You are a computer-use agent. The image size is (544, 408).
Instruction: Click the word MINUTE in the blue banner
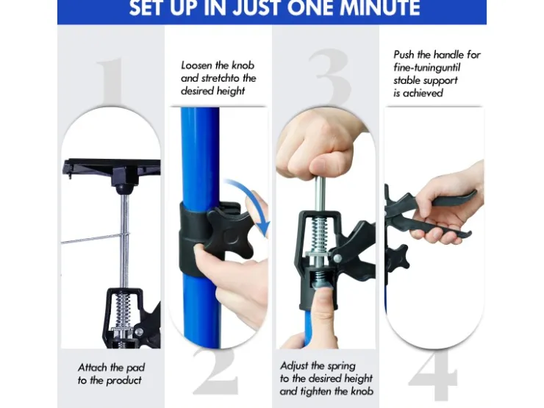(379, 7)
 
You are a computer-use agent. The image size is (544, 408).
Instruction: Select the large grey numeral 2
(216, 371)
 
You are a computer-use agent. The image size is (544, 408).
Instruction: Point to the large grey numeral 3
(329, 77)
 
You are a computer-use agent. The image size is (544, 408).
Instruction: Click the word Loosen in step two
(196, 65)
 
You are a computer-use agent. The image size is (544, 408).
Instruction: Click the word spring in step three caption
(342, 366)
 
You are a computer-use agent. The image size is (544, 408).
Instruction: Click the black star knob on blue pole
(229, 232)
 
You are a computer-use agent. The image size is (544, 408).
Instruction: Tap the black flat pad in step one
(112, 169)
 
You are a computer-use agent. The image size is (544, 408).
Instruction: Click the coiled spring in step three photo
(319, 235)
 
